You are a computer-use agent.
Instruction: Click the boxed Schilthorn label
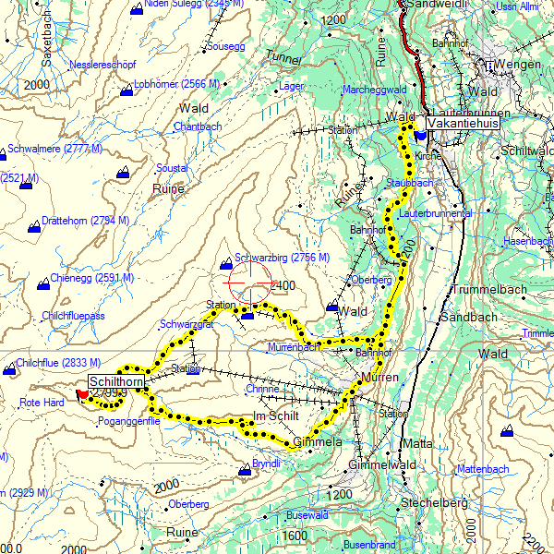pyautogui.click(x=116, y=381)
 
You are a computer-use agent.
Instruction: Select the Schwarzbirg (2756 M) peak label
pyautogui.click(x=282, y=258)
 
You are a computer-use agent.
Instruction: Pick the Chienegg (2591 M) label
pyautogui.click(x=91, y=277)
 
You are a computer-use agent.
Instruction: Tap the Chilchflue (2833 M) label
pyautogui.click(x=57, y=363)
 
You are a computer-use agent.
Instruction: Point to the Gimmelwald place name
pyautogui.click(x=388, y=464)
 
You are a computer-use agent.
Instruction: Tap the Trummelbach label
pyautogui.click(x=487, y=290)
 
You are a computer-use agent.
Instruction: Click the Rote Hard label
pyautogui.click(x=42, y=403)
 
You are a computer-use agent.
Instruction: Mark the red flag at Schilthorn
pyautogui.click(x=83, y=394)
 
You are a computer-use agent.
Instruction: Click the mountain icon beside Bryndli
pyautogui.click(x=245, y=471)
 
